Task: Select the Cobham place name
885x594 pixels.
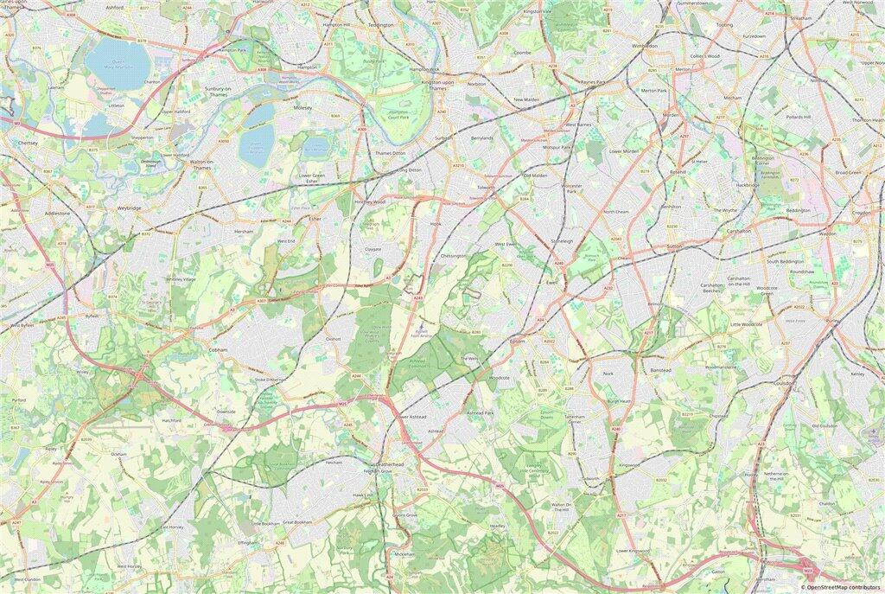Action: point(218,350)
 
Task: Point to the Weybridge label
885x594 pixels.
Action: point(129,208)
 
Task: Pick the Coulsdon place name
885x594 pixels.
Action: point(785,382)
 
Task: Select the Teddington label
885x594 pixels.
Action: point(380,25)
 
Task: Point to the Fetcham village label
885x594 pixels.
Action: point(334,463)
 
